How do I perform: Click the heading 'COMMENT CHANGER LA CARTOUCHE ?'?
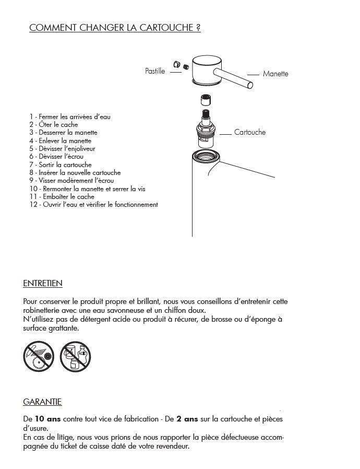coord(115,28)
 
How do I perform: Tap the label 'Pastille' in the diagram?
coord(155,71)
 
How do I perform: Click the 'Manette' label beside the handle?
coord(275,74)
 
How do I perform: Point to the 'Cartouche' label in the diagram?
coord(250,132)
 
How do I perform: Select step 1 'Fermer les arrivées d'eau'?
coord(70,116)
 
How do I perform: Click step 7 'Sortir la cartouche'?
coord(61,165)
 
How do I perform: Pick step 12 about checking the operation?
coord(94,204)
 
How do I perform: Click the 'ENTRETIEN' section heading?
coord(43,284)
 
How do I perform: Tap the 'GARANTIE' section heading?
coord(42,402)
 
